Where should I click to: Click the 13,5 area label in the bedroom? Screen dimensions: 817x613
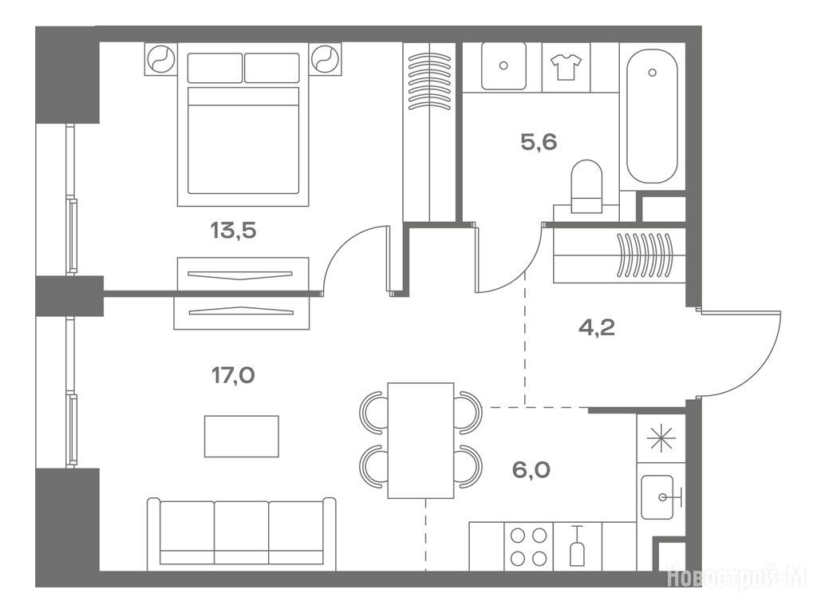(233, 230)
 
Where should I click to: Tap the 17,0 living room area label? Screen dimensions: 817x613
(233, 375)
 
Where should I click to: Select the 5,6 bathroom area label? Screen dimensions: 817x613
(539, 142)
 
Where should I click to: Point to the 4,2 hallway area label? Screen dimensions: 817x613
(597, 328)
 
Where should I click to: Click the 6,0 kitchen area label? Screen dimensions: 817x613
(531, 471)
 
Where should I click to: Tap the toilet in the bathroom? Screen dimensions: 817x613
(586, 186)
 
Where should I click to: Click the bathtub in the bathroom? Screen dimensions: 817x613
(652, 117)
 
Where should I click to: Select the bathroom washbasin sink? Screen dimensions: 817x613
(503, 65)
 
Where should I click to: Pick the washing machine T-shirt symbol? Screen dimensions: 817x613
(566, 67)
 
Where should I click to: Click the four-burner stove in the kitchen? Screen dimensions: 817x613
(528, 547)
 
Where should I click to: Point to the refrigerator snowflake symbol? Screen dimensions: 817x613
(661, 438)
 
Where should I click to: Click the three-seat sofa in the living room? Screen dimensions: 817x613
(241, 534)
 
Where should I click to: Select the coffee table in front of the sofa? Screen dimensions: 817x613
(241, 437)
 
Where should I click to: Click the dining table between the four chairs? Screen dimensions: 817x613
(420, 441)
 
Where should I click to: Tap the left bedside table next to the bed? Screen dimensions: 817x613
(161, 58)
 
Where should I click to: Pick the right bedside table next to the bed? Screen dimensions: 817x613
(326, 58)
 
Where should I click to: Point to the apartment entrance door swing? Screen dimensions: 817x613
(739, 354)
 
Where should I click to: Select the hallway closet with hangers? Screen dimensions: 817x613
(619, 255)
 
